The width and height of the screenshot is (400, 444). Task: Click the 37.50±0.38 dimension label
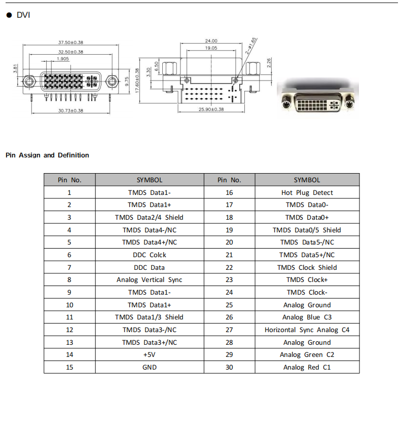point(70,43)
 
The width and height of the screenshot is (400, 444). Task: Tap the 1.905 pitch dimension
point(63,59)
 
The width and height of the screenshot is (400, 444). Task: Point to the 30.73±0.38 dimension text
point(70,111)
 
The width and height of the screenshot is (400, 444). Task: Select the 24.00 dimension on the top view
point(211,41)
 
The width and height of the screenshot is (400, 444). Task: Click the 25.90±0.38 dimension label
point(211,109)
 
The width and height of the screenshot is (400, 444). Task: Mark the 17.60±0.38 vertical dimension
point(137,80)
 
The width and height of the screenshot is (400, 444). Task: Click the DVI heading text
point(23,15)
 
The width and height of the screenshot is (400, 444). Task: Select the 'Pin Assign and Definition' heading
point(47,155)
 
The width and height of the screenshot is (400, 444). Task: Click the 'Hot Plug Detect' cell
point(307,192)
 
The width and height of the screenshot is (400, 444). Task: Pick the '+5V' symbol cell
point(150,355)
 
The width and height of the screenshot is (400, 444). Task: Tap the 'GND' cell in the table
point(150,367)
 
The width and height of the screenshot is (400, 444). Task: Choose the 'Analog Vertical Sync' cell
point(150,280)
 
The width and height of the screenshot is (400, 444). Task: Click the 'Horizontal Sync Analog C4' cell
point(307,330)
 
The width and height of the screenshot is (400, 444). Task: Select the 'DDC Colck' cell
point(150,255)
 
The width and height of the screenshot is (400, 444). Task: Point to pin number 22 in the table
point(229,268)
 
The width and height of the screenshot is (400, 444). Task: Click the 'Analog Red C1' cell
point(307,367)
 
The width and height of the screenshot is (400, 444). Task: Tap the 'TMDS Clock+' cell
point(307,280)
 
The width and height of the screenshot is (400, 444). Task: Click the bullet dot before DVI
point(9,15)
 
